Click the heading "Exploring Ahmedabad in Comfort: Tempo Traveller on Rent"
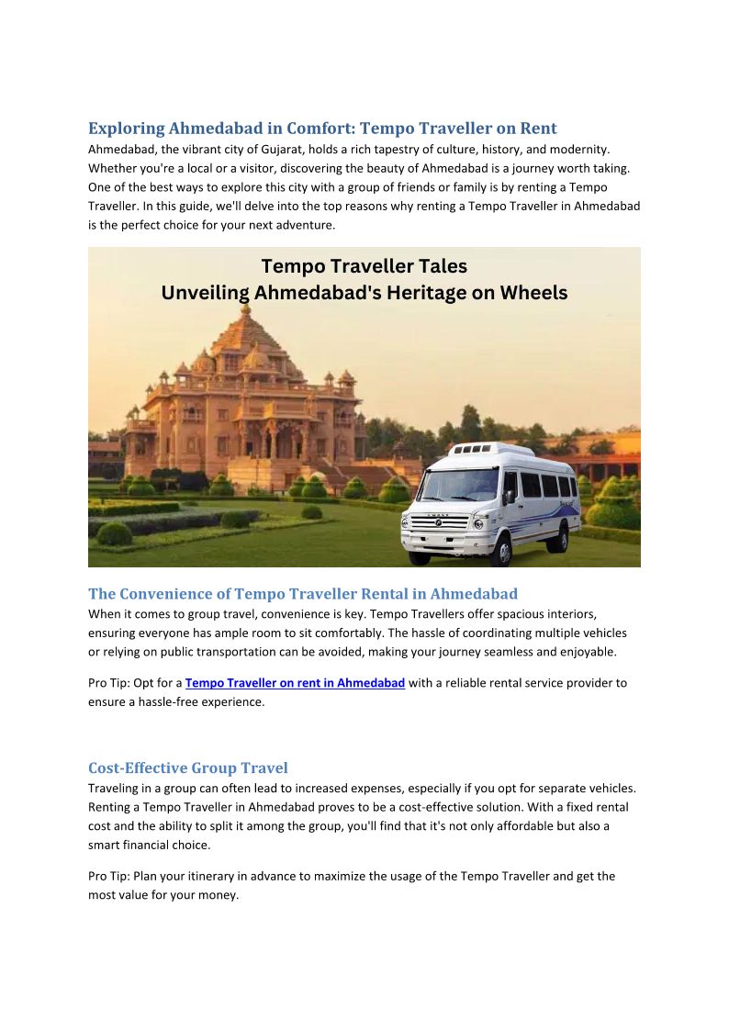point(322,129)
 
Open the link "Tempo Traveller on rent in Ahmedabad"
point(295,683)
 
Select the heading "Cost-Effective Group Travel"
point(187,768)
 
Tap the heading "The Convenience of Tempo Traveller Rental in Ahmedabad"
point(303,594)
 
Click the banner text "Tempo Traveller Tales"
point(364,266)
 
